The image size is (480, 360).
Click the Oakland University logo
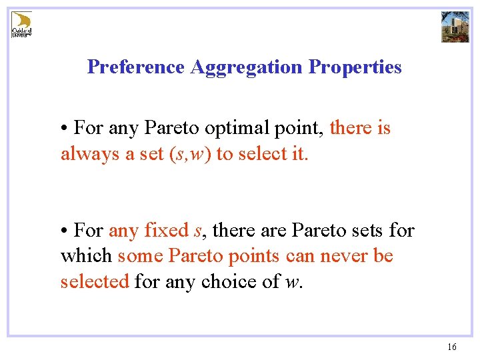coord(21,25)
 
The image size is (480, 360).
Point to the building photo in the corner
coord(455,26)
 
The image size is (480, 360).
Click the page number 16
coord(452,347)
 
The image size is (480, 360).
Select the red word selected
coord(94,281)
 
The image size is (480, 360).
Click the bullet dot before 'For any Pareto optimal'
coord(64,128)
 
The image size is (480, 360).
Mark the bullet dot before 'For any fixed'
coord(64,231)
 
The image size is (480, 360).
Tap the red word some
coord(139,256)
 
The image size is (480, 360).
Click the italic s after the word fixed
coord(197,231)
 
